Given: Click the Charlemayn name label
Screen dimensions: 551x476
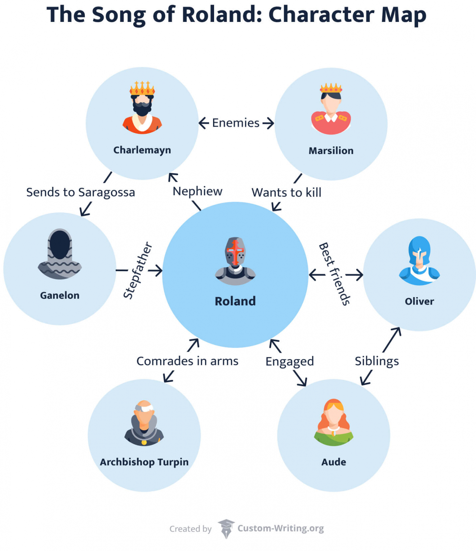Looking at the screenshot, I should [x=142, y=150].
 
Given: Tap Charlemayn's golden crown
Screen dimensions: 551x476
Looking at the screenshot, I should [x=142, y=88].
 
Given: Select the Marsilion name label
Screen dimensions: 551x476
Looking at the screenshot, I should [x=331, y=151].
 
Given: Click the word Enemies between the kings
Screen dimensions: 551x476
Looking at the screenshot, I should [x=236, y=123].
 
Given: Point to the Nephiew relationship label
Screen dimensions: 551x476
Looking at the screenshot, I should [x=197, y=191].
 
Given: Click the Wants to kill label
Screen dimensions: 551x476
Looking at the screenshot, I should [x=286, y=193].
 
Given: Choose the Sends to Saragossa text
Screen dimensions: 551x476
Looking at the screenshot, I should [x=80, y=192].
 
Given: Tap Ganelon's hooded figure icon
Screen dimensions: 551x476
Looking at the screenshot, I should [x=60, y=254].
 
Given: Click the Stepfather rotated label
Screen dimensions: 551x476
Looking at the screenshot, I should [x=138, y=270].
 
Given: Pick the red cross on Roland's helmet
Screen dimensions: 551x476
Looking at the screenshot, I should [x=235, y=251].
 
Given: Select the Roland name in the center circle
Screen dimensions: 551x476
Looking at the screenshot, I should [x=235, y=301].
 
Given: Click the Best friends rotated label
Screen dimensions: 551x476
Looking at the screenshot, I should [x=334, y=274].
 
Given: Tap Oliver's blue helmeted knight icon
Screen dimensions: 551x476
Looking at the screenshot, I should [x=419, y=260].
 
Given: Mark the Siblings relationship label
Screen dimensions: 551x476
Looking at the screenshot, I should [x=376, y=361].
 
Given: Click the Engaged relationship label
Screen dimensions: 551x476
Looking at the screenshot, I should [x=290, y=361].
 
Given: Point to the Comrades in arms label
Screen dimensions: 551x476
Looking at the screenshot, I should [x=187, y=361].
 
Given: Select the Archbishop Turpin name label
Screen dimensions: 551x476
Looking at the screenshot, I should [x=144, y=462].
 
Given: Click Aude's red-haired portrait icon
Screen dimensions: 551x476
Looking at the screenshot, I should [x=334, y=422].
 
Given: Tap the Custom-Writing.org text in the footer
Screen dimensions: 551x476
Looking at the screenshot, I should [x=281, y=528].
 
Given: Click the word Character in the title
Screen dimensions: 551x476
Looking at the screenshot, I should [x=321, y=15].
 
